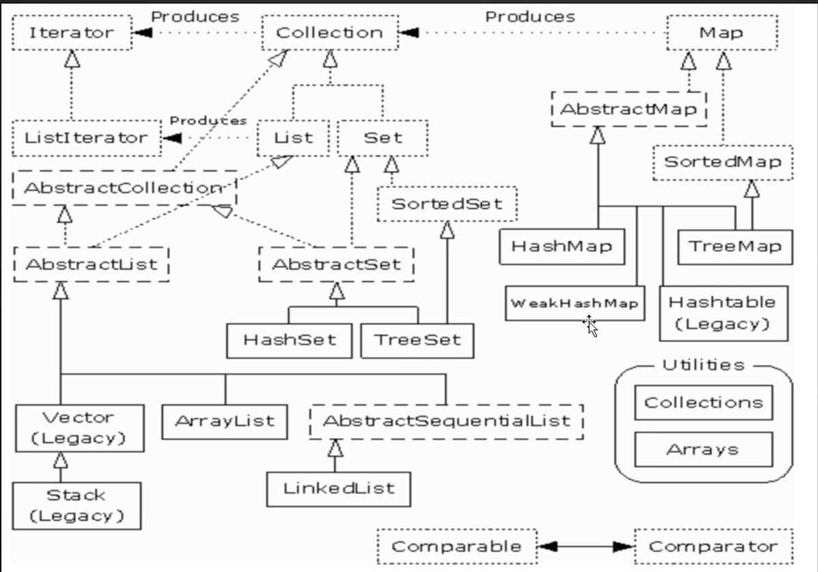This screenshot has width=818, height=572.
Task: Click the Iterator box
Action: click(x=71, y=33)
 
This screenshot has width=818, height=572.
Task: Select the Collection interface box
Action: click(x=329, y=33)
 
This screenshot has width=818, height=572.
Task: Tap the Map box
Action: click(x=721, y=33)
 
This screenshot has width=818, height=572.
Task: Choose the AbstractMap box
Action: click(x=628, y=109)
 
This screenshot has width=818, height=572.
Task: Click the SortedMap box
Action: click(x=723, y=163)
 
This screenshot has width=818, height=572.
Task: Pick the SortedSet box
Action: click(x=446, y=203)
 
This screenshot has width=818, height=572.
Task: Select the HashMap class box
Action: click(x=562, y=246)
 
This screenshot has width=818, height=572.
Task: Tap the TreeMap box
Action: click(x=734, y=246)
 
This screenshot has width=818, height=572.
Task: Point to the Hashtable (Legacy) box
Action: click(x=723, y=313)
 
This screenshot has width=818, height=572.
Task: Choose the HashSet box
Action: click(x=290, y=339)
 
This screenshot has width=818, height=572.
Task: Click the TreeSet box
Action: click(x=417, y=339)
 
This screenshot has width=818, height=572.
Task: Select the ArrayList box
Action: click(x=225, y=421)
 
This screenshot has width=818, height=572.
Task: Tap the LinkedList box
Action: click(x=339, y=488)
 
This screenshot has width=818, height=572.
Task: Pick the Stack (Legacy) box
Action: click(x=77, y=505)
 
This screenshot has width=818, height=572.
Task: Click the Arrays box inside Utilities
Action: click(x=703, y=450)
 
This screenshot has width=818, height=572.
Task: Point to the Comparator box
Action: click(x=713, y=546)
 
